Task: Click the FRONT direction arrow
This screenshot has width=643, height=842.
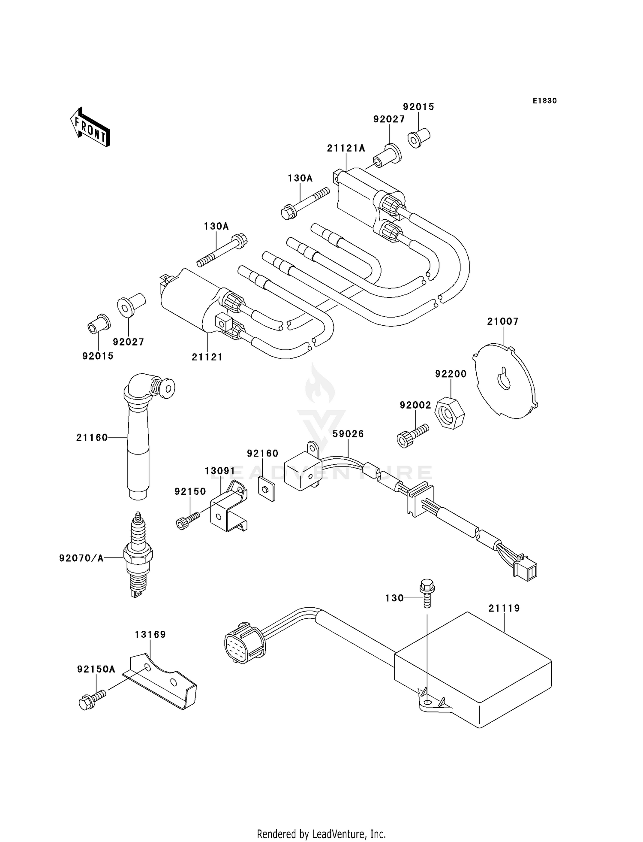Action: point(90,127)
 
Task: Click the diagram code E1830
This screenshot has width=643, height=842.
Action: point(544,101)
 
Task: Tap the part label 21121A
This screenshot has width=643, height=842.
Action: point(346,148)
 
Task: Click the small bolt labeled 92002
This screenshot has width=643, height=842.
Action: point(412,435)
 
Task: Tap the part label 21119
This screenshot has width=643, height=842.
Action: point(504,608)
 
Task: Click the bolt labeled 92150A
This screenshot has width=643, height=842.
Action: point(91,701)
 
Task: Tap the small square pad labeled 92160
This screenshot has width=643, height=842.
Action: point(267,488)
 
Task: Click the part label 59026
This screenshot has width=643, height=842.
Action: point(348,434)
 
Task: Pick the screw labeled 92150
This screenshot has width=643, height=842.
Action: point(188,520)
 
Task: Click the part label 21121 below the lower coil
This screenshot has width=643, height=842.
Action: point(207,357)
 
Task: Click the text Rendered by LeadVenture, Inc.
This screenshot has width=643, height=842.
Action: point(321,834)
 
